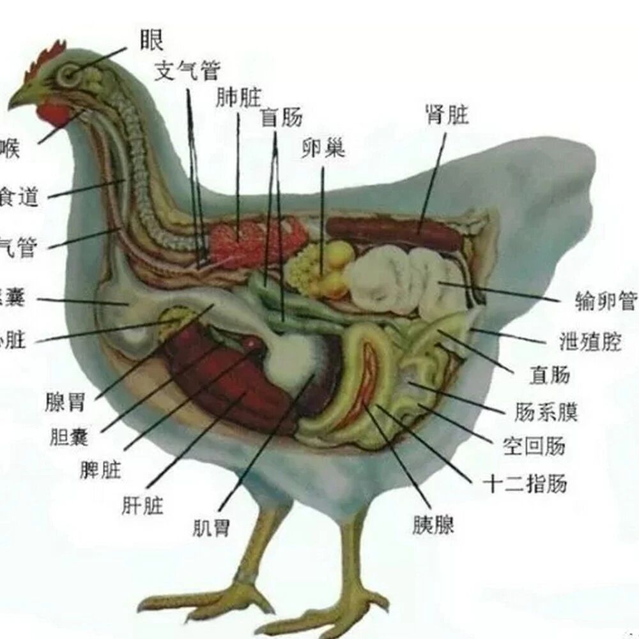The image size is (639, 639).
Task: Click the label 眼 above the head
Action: [x=151, y=40]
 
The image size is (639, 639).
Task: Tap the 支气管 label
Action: [x=187, y=71]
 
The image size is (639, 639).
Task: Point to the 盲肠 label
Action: [x=281, y=117]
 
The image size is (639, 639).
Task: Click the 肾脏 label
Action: [x=447, y=115]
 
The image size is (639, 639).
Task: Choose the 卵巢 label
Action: [x=323, y=148]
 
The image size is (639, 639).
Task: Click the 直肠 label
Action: [x=549, y=375]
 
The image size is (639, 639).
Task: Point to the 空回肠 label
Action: [x=534, y=446]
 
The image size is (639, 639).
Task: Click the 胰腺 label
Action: [x=433, y=525]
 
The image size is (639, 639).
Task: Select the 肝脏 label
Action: [x=142, y=506]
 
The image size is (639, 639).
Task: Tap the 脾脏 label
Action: [x=100, y=470]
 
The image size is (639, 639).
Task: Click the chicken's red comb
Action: [x=45, y=61]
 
